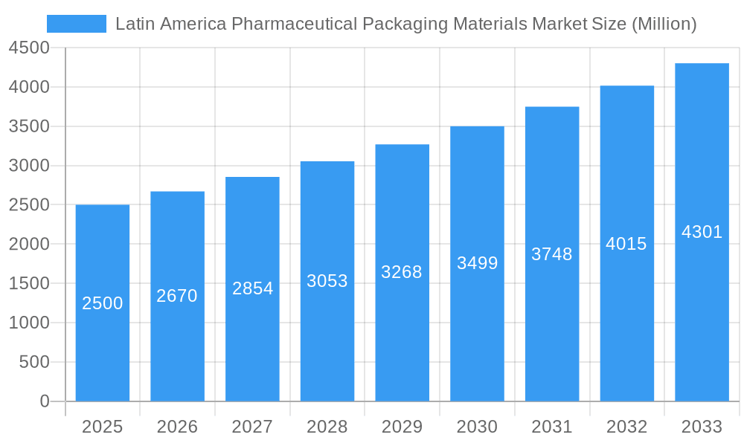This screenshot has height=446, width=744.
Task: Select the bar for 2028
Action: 327,334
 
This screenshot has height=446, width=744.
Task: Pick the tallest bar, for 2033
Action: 702,312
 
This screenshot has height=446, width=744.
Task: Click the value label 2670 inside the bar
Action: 177,296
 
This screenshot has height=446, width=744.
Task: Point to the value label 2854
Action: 253,288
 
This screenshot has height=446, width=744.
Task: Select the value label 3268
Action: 402,272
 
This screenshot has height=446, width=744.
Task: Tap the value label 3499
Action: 477,263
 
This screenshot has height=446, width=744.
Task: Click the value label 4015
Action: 626,244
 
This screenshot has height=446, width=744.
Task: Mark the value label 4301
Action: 702,232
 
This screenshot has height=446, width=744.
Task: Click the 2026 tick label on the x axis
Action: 177,427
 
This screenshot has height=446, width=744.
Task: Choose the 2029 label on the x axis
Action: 402,427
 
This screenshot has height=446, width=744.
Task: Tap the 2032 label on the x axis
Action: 626,427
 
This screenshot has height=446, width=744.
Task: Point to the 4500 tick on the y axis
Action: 29,48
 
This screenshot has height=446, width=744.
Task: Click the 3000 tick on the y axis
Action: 29,166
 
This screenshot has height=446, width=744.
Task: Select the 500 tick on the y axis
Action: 33,362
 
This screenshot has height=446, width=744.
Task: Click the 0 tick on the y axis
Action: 44,401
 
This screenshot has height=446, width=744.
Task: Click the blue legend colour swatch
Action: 77,24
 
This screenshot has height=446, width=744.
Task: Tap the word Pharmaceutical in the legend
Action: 292,24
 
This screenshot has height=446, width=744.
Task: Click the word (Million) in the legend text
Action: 664,24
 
